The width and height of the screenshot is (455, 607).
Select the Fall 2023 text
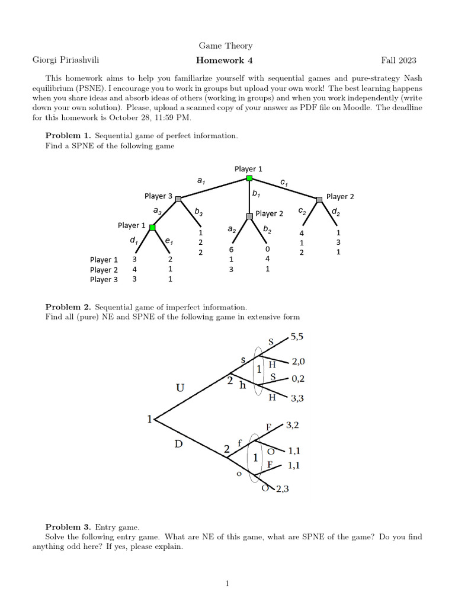click(x=399, y=60)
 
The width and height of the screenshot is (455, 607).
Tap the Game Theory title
click(x=225, y=46)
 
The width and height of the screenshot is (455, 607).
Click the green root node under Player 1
click(x=249, y=178)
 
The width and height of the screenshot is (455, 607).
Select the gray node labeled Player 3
click(x=178, y=199)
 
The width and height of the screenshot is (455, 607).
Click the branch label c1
click(x=284, y=184)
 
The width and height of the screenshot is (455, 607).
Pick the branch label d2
click(x=336, y=210)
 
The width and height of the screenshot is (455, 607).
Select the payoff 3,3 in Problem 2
click(x=298, y=399)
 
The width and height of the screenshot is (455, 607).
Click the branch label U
click(x=180, y=388)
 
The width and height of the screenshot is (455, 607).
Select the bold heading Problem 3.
click(x=68, y=526)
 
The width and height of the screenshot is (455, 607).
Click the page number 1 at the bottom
click(x=227, y=584)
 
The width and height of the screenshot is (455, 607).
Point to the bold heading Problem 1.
click(x=68, y=136)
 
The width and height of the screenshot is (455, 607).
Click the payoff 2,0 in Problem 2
click(x=298, y=361)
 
